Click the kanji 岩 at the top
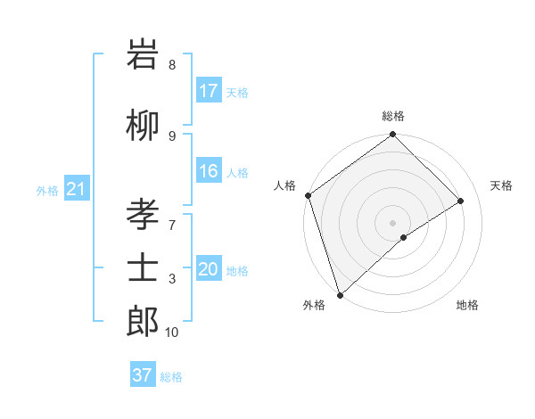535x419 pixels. tap(143, 57)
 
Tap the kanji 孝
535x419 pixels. tap(143, 216)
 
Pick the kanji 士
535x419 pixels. tap(143, 268)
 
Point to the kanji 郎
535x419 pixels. tap(143, 320)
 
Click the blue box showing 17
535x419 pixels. tap(209, 91)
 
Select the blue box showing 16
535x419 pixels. tap(209, 172)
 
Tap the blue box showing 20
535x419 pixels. tap(209, 270)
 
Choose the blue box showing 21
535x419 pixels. tap(76, 189)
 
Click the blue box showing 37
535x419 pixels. tap(143, 375)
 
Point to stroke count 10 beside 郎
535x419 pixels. tap(172, 333)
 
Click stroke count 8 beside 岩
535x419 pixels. tap(172, 65)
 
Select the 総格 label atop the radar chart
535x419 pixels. tap(393, 116)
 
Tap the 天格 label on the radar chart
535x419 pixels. tap(502, 185)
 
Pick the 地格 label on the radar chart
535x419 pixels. tap(467, 305)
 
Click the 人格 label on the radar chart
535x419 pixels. tap(285, 185)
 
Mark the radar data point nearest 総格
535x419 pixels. tap(392, 135)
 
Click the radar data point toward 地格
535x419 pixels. tap(404, 237)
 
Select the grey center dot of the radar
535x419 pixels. tap(392, 222)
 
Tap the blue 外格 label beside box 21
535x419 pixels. tap(46, 190)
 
